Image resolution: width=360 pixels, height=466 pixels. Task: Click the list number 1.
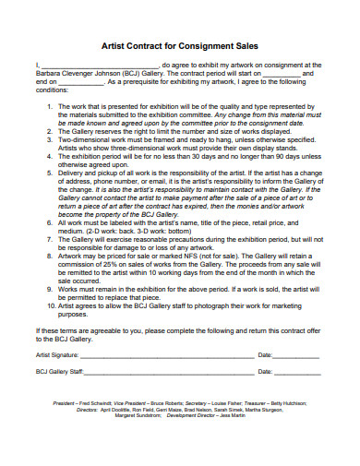tap(49, 107)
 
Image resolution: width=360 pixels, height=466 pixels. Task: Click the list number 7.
tap(49, 238)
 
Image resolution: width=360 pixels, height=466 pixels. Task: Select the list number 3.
tap(49, 140)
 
